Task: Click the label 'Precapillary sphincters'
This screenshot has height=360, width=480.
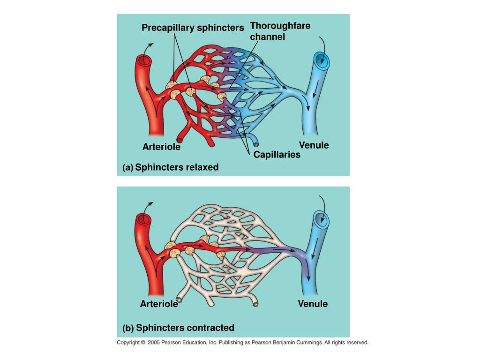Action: click(x=193, y=28)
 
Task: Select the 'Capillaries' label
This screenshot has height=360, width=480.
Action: click(x=277, y=155)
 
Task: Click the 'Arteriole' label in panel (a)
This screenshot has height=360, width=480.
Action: click(x=161, y=147)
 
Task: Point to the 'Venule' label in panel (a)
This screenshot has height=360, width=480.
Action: click(x=314, y=145)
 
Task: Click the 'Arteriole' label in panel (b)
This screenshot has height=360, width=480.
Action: click(x=159, y=304)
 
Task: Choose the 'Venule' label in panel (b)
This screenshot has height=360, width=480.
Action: click(x=313, y=304)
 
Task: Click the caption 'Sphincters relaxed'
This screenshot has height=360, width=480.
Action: click(x=177, y=167)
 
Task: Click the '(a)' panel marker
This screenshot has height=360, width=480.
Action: click(x=127, y=167)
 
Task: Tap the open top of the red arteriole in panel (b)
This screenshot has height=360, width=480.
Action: click(x=142, y=219)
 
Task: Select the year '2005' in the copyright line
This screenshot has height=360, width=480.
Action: click(x=154, y=343)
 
